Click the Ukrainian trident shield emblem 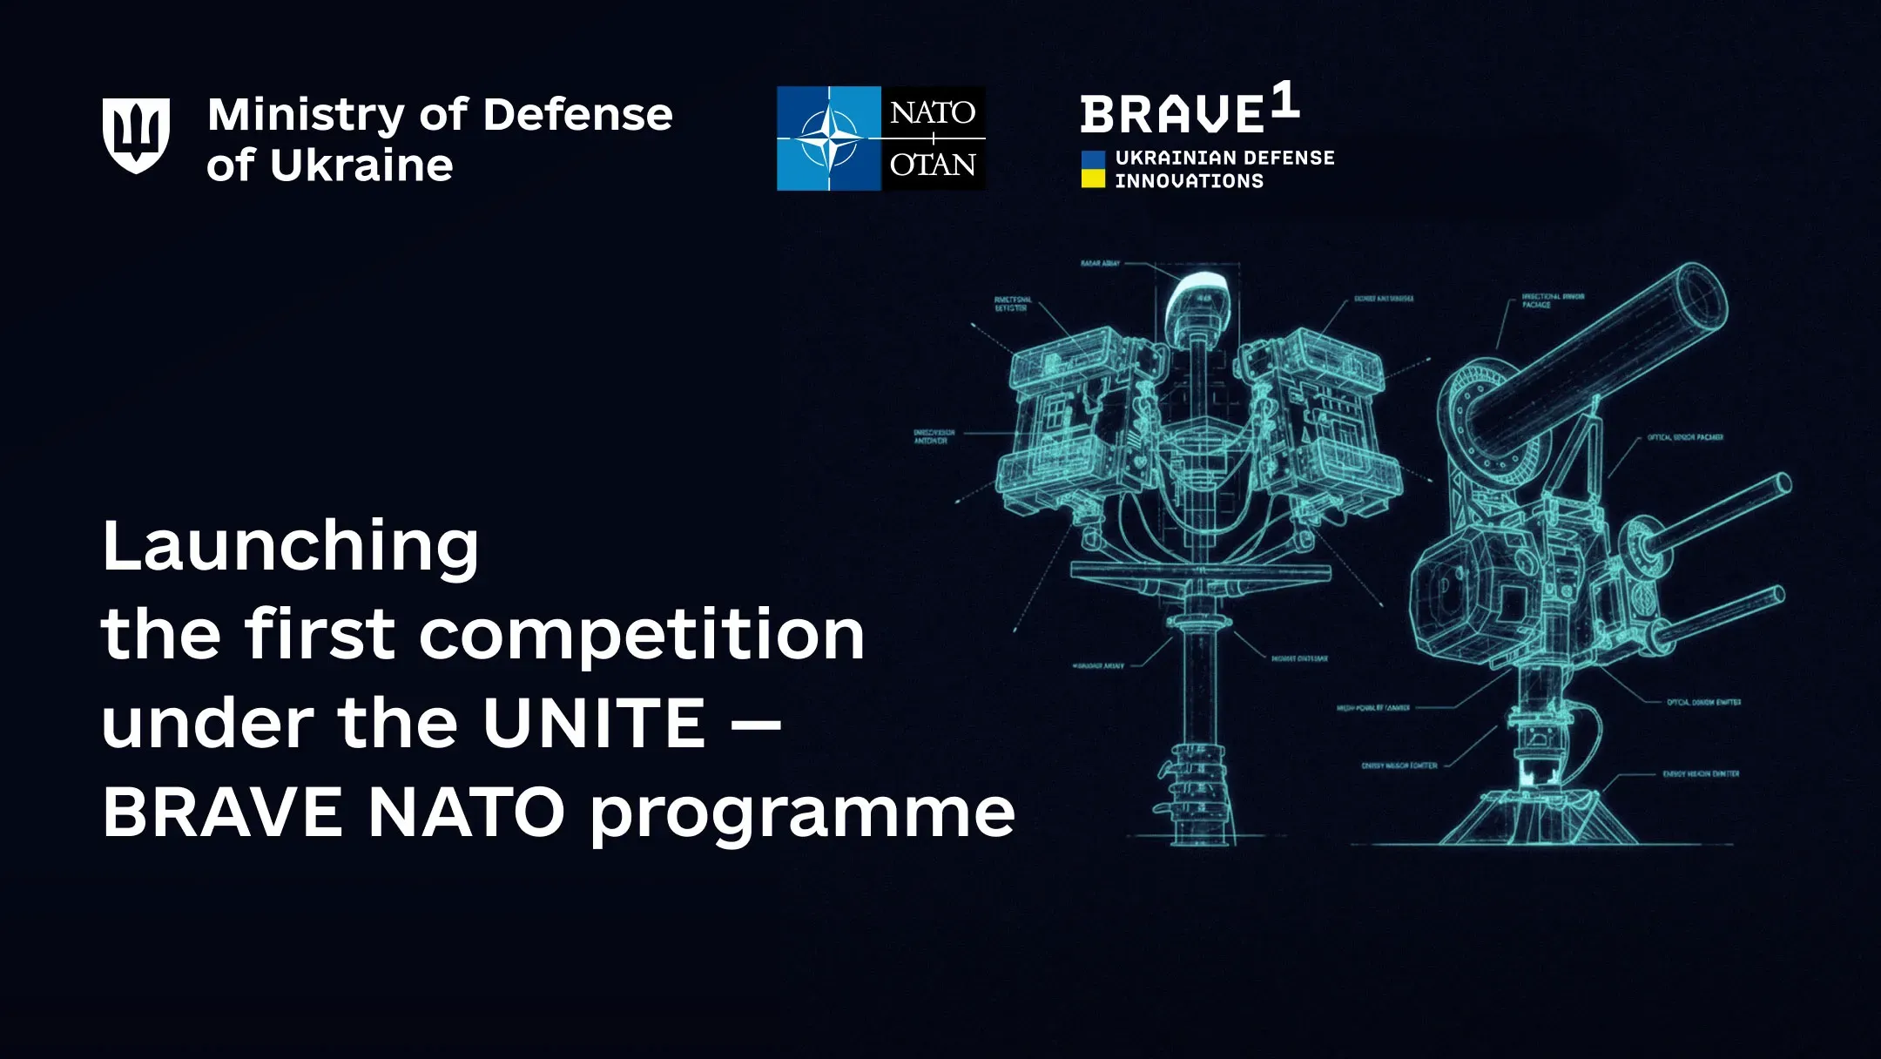[x=136, y=136]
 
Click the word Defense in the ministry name [x=577, y=115]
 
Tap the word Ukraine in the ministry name [x=361, y=165]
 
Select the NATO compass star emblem [x=828, y=138]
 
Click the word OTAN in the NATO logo [x=933, y=165]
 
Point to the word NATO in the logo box [x=933, y=112]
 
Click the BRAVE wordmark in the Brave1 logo [x=1171, y=116]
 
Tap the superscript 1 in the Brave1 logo [x=1285, y=100]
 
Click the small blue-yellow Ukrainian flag [x=1093, y=169]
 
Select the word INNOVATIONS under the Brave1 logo [x=1189, y=181]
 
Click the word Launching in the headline [x=290, y=547]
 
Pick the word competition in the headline [x=642, y=636]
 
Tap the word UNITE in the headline [x=593, y=724]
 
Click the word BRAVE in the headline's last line [x=222, y=813]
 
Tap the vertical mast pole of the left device [x=1199, y=697]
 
